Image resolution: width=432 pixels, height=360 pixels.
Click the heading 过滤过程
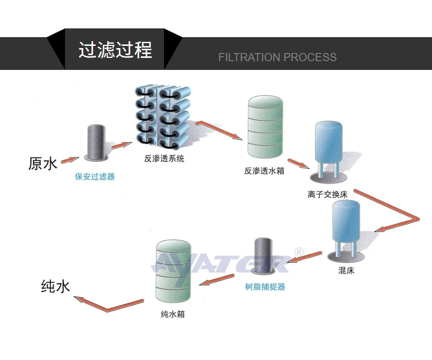(115, 50)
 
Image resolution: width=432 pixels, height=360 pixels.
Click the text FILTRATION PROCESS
(277, 57)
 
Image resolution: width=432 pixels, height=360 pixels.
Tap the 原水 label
(43, 163)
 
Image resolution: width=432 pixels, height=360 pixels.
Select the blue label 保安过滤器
(95, 177)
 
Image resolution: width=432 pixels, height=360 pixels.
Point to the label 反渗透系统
(164, 159)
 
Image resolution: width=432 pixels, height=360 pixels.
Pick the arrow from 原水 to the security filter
(69, 160)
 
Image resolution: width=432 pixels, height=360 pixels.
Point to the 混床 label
(346, 270)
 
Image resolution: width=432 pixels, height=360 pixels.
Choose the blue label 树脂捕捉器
(265, 287)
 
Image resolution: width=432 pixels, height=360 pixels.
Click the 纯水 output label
(56, 286)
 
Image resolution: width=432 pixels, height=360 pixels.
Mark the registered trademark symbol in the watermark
(299, 252)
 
